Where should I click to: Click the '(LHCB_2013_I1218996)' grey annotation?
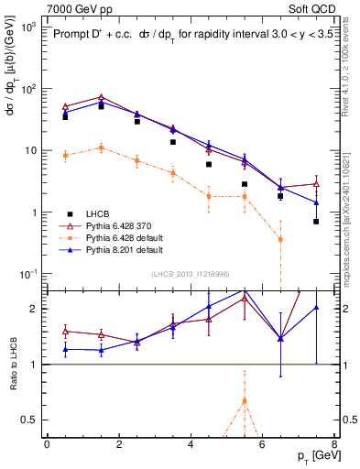click(x=190, y=274)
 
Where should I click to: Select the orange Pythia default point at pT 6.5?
click(x=280, y=239)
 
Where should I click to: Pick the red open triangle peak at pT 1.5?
click(x=101, y=97)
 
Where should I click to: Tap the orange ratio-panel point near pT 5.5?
click(x=245, y=400)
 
